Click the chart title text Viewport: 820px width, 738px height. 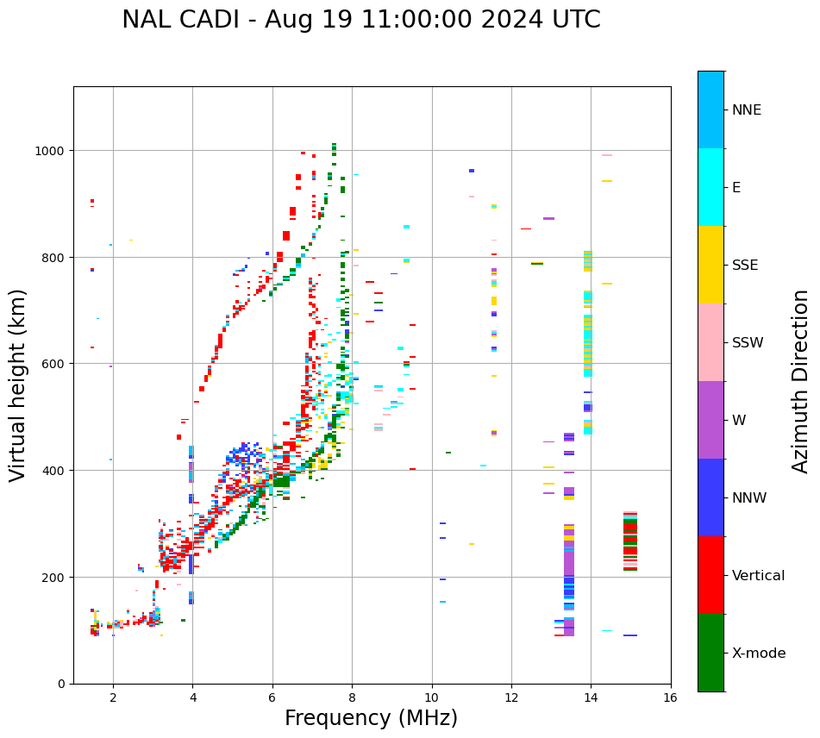click(360, 20)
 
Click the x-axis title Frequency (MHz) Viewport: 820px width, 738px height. click(371, 718)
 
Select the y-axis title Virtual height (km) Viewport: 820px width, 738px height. click(19, 385)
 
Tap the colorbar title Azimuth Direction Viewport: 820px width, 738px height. click(801, 381)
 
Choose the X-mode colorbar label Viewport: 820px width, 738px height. click(759, 653)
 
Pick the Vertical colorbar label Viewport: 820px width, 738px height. click(759, 575)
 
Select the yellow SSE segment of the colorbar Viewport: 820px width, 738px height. click(710, 264)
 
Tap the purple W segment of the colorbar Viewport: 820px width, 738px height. click(710, 420)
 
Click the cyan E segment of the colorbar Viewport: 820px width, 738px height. click(710, 186)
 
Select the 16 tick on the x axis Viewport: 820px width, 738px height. click(671, 697)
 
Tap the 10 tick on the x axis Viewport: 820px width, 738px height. click(432, 697)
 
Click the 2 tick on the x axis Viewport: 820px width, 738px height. click(113, 697)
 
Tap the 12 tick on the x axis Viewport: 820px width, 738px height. click(511, 697)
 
